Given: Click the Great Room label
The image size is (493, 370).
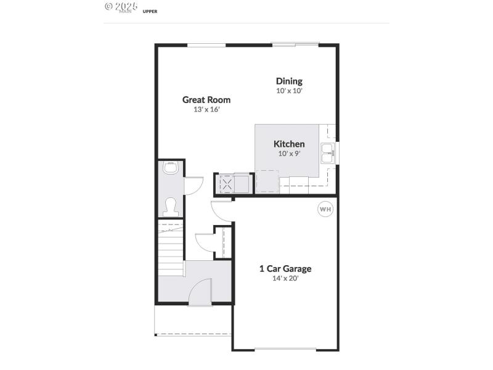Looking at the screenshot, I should pos(206,99).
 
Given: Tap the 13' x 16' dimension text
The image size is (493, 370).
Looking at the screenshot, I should pos(206,109).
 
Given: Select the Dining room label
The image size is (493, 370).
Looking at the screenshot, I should pos(289,81).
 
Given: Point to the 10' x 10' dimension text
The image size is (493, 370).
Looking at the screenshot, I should pos(289,91).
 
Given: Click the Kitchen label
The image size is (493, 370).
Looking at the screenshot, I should pos(289,144).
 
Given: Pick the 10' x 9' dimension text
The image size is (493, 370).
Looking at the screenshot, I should pos(289,154).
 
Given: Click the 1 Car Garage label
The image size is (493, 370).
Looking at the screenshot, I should pos(285,268).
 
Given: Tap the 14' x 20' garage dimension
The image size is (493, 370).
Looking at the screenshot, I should pos(285,278).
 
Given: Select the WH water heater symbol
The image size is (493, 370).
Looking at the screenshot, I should pos(325,210).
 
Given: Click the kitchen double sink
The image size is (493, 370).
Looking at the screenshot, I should pos(327,152).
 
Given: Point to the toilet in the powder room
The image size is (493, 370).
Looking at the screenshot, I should pos(171,204).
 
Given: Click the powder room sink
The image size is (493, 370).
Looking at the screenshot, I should pos(171,168).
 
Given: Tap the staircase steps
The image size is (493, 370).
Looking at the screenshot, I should pos(171,247).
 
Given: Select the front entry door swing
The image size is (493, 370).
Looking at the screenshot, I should pos(200,293).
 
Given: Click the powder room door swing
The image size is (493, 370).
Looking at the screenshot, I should pos(193,184).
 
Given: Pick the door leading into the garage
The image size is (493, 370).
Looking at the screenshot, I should pos(221,211).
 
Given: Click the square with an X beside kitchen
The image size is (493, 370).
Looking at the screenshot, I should pos(227,184).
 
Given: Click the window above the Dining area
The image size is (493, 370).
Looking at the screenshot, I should pos(295,44).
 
